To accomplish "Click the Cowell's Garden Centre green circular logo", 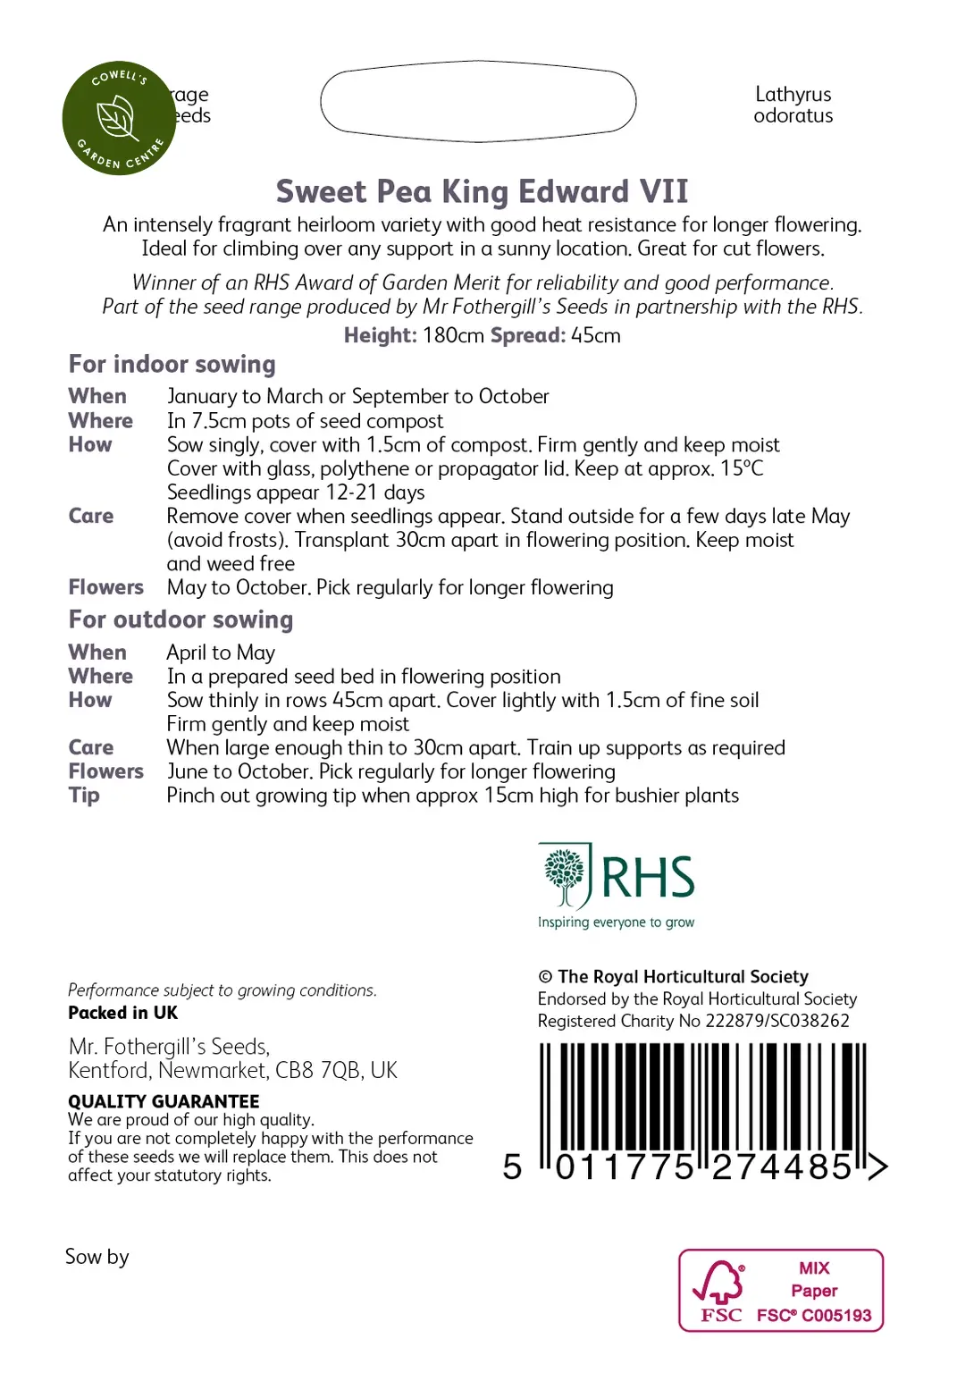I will pos(118,118).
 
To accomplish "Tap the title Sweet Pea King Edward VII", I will pos(482,191).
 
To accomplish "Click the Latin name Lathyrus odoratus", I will pos(793,105).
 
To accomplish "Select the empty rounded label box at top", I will pos(478,101).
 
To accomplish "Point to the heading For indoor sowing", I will pos(172,365).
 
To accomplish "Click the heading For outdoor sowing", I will pos(180,620).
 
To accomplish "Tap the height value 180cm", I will pos(453,336).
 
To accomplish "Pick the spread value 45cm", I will pos(596,336).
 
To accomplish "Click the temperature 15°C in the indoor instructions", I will pos(742,468).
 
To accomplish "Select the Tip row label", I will pos(84,796).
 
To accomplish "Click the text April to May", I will pos(221,653).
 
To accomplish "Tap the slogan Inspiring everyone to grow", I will pos(616,922).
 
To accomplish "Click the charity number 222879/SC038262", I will pos(777,1021).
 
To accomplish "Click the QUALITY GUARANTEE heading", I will pos(164,1101).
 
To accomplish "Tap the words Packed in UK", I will pos(122,1013).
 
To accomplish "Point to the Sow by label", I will pos(97,1257).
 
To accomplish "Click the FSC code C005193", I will pos(836,1315).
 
